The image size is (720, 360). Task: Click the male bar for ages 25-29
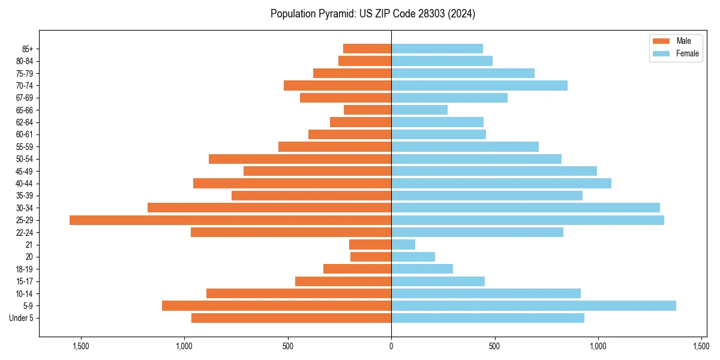coord(230,220)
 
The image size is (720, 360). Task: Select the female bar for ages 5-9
coord(533,305)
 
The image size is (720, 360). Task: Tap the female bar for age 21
coord(403,245)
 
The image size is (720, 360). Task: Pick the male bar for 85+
coord(367,49)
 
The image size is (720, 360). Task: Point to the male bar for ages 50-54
coord(300,159)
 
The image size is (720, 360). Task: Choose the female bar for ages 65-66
coord(419,110)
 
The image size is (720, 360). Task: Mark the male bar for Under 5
coord(291,318)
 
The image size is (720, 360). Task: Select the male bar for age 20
coord(371,257)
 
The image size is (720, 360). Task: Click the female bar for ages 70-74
coord(479,86)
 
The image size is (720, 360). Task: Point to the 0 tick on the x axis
coord(391,346)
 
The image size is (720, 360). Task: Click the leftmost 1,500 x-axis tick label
coord(81,346)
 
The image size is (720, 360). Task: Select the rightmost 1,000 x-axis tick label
coord(598,346)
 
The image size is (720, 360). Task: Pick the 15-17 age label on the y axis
coord(25,281)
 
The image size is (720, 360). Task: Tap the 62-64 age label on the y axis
coord(25,122)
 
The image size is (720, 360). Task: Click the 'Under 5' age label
coord(22,318)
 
